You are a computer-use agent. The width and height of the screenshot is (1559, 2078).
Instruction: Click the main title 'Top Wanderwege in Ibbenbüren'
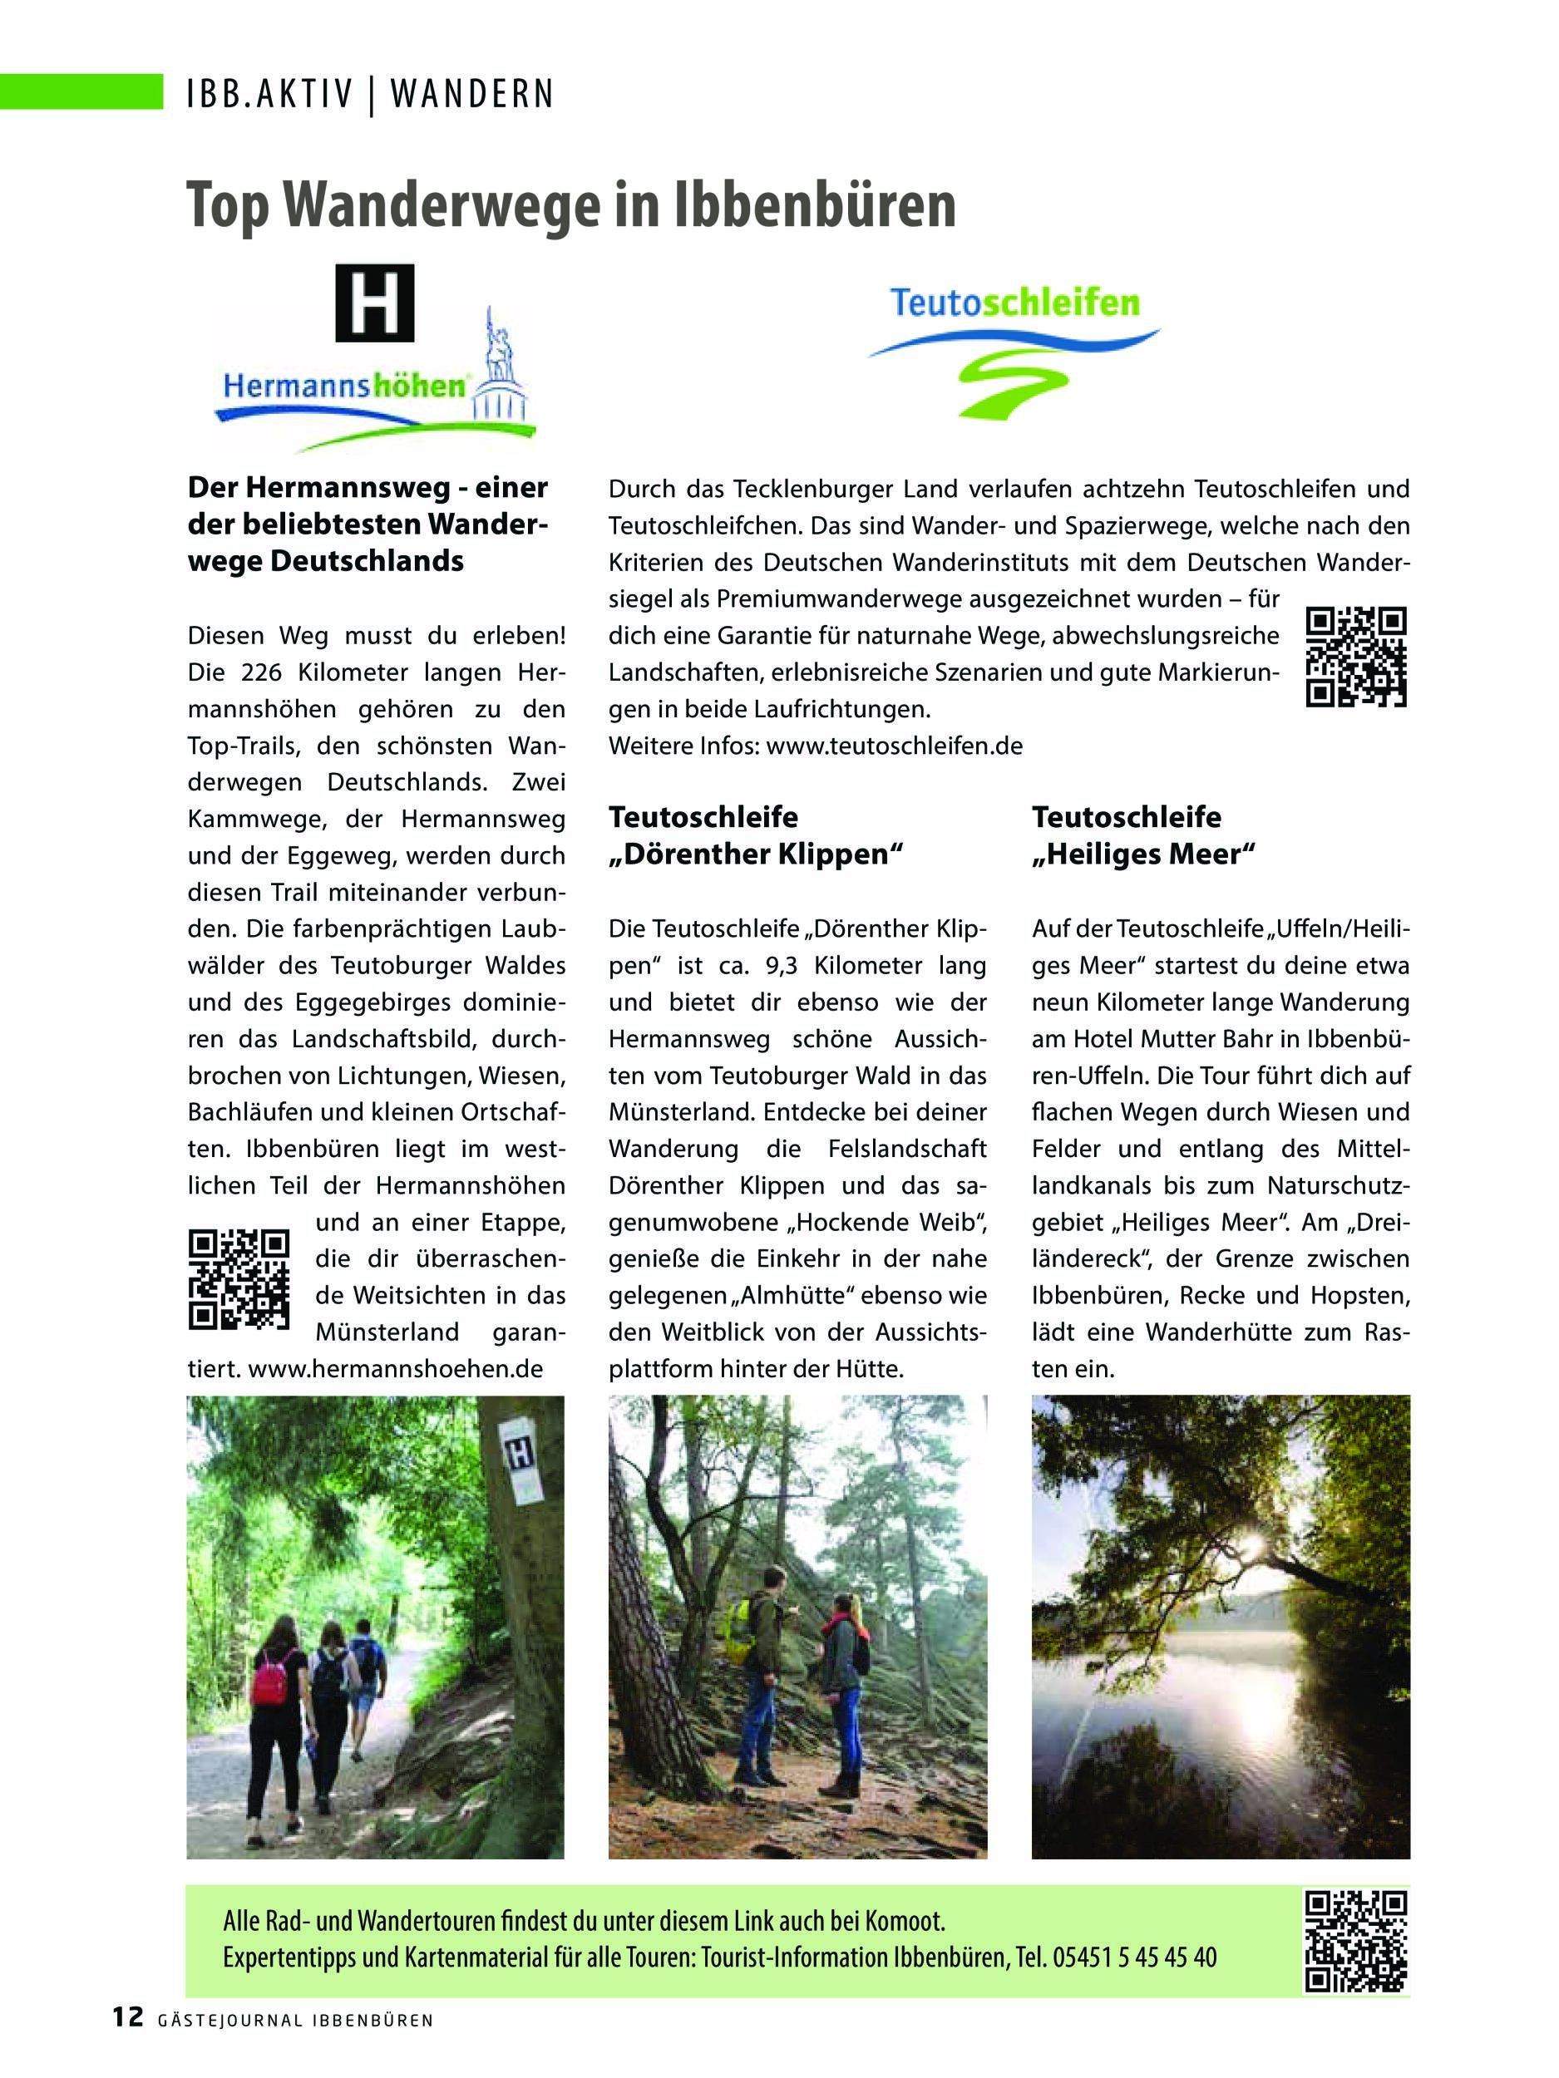(570, 204)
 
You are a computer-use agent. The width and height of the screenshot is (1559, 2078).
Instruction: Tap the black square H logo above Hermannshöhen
(374, 303)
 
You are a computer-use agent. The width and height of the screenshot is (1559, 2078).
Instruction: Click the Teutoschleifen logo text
(1015, 303)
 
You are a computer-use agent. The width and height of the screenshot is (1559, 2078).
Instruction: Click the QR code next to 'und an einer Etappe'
(238, 1278)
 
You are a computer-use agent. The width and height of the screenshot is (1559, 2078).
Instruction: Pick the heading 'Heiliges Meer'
(1143, 854)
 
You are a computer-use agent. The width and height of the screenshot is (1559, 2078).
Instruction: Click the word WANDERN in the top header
(471, 94)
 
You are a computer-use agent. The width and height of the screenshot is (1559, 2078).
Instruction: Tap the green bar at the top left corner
(81, 91)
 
